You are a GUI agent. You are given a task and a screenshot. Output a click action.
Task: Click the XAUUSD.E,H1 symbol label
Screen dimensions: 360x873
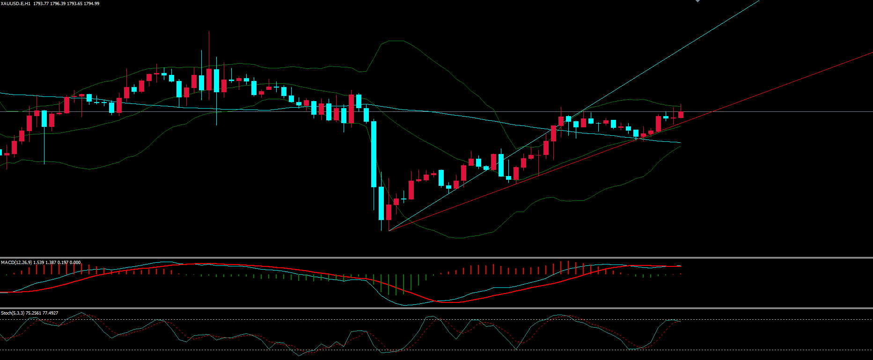[x=16, y=4]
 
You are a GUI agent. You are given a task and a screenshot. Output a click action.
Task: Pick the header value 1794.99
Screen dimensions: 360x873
[x=91, y=4]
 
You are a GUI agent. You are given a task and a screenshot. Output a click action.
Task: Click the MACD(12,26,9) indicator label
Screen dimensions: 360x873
[x=16, y=263]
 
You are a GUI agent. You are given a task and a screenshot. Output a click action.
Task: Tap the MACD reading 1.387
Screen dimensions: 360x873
[x=51, y=263]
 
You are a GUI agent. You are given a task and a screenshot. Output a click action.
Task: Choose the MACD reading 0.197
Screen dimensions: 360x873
[x=63, y=263]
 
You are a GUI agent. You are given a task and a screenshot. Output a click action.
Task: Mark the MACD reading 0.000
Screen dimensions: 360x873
[x=75, y=263]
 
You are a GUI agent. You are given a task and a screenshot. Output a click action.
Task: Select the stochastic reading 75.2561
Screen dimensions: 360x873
[x=34, y=313]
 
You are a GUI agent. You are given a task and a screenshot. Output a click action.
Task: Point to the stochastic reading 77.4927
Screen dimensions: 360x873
[x=50, y=313]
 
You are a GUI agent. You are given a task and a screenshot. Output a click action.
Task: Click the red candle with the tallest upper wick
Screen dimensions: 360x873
[x=209, y=80]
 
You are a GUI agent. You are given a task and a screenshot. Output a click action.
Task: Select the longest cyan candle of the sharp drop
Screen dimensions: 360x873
[x=374, y=154]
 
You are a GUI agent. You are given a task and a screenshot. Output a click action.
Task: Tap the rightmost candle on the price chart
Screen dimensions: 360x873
[x=681, y=114]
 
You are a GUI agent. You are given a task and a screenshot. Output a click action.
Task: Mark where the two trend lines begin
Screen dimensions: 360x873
[x=389, y=230]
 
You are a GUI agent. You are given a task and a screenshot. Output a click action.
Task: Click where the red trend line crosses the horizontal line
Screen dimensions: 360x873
[x=711, y=112]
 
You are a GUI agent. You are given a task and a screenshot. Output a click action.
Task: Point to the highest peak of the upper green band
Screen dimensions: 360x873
[x=393, y=41]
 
